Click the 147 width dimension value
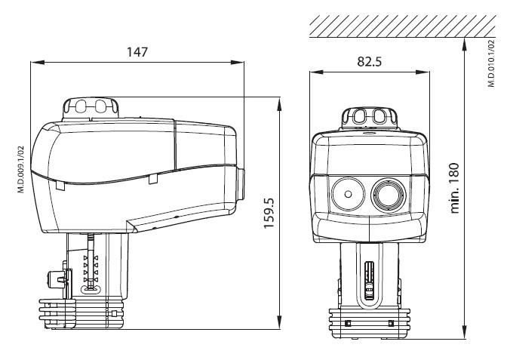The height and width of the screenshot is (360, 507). (x=137, y=52)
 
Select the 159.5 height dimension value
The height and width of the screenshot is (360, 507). (x=269, y=213)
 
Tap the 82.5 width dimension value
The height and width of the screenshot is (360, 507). (x=369, y=61)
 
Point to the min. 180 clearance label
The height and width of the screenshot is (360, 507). (x=455, y=188)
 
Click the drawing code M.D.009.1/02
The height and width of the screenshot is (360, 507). (x=20, y=170)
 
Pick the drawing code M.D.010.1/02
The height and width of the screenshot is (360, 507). (x=491, y=63)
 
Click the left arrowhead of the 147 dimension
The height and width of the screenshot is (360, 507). (x=38, y=62)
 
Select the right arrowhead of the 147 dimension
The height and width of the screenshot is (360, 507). (x=237, y=62)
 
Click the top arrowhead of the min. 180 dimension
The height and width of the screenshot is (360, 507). (x=464, y=45)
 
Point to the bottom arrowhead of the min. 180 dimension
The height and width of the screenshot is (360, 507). (x=464, y=332)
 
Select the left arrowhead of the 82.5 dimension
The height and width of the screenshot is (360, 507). (x=317, y=72)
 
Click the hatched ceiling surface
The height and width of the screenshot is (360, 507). (x=403, y=26)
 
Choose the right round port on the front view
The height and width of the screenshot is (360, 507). (x=389, y=195)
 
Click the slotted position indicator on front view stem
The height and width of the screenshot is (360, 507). (x=369, y=281)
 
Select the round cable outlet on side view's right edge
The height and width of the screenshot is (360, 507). (x=241, y=183)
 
